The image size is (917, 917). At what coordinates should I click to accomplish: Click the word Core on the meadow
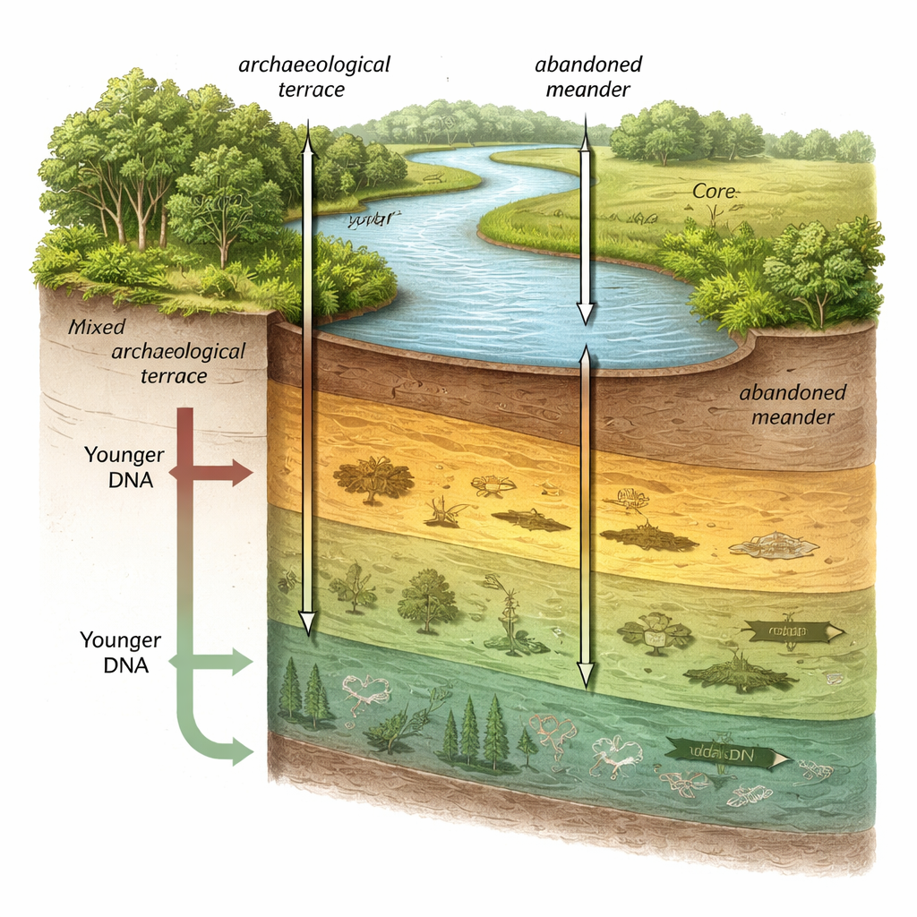714,193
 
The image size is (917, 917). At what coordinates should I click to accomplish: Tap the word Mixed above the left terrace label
97,326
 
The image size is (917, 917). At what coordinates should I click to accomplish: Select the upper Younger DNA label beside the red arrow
118,467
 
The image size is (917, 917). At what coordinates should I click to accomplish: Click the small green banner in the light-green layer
793,633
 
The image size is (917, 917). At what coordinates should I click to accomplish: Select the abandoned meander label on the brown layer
793,405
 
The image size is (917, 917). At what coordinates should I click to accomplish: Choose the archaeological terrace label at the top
314,77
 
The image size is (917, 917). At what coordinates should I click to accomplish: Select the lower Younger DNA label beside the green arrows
120,652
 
